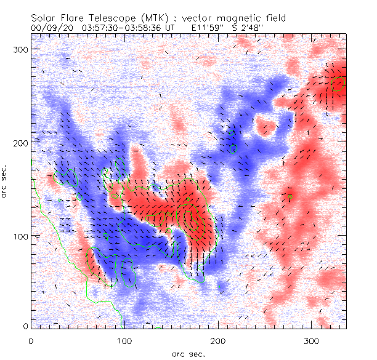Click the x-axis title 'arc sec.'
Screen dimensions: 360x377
pyautogui.click(x=188, y=353)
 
